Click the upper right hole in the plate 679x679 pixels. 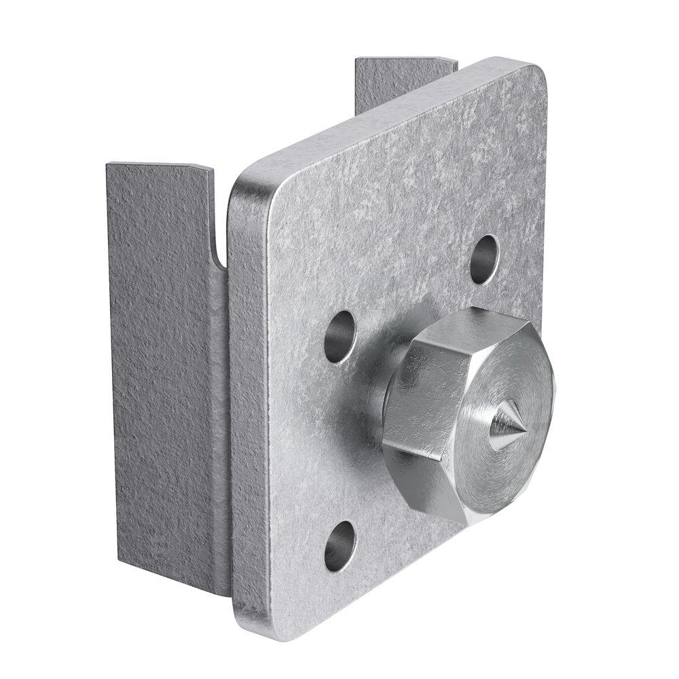[x=484, y=258]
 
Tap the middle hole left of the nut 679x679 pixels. [x=339, y=336]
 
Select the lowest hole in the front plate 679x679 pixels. [x=339, y=545]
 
